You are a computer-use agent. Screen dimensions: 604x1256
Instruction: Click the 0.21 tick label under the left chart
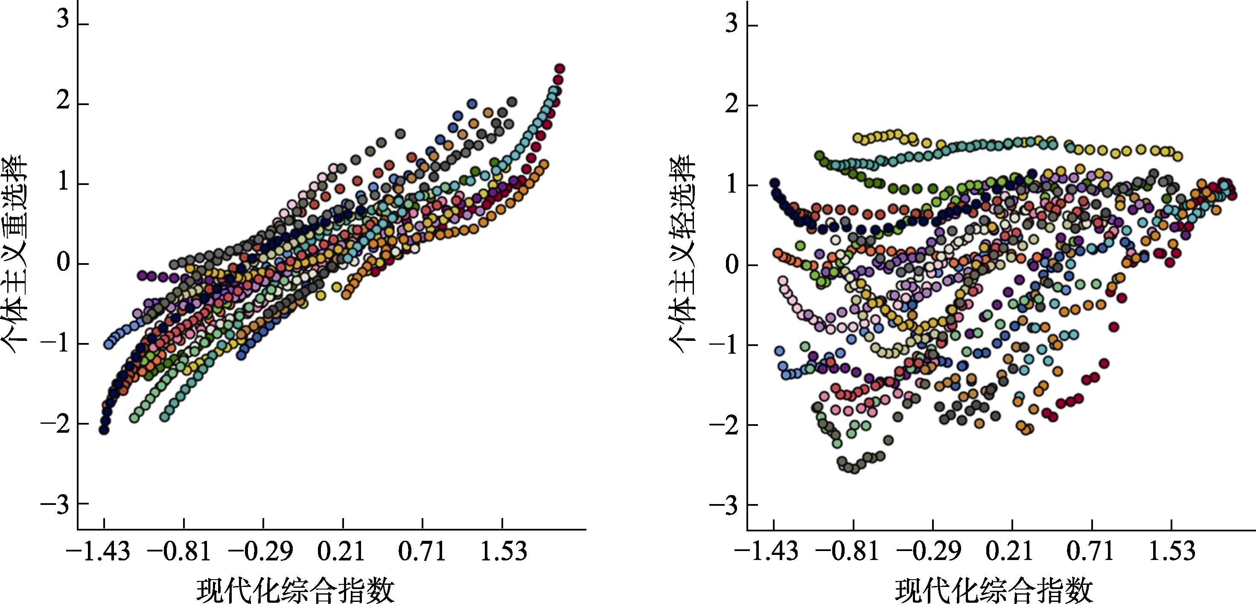click(x=341, y=551)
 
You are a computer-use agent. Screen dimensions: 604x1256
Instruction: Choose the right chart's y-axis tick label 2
click(x=731, y=104)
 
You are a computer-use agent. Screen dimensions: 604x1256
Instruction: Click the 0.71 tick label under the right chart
click(x=1090, y=551)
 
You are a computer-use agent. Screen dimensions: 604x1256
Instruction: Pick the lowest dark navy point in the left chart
click(x=104, y=429)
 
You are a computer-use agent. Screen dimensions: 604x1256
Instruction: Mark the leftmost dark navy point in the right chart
click(x=774, y=183)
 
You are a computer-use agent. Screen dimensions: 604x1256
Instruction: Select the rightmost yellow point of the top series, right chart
click(x=1177, y=156)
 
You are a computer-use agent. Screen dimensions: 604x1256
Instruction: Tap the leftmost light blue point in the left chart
click(x=108, y=344)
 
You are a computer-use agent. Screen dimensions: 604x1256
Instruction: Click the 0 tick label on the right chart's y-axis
click(x=731, y=265)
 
